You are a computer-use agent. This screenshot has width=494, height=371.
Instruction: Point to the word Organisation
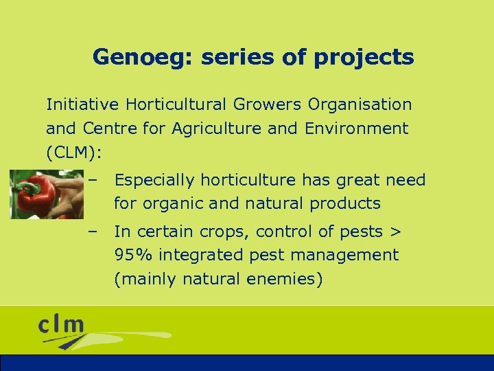(360, 104)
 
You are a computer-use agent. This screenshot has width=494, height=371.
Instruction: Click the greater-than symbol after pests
(395, 232)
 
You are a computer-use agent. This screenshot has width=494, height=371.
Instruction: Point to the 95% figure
(133, 256)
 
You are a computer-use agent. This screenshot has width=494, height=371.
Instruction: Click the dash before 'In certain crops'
(92, 232)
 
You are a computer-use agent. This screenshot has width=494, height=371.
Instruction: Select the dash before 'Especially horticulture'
(92, 180)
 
